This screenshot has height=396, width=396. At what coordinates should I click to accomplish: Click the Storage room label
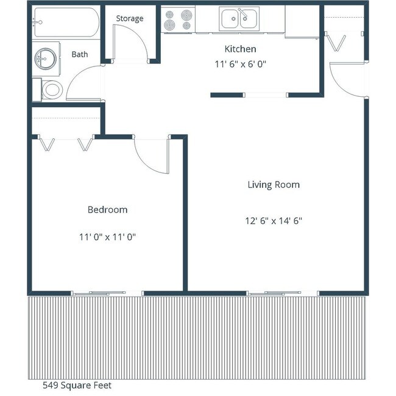click(130, 19)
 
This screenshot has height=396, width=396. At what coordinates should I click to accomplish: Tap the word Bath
click(80, 54)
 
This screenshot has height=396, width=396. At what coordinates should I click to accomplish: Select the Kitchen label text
click(240, 49)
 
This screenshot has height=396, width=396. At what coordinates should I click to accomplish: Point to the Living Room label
click(274, 185)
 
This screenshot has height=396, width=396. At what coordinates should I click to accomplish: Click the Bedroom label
click(107, 210)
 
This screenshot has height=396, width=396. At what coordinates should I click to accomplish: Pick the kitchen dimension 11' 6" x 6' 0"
click(241, 64)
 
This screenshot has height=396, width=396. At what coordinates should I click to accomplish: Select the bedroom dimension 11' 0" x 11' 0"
click(107, 237)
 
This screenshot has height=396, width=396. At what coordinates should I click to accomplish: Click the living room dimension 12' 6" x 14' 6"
click(274, 221)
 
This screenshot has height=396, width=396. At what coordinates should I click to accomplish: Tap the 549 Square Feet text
click(77, 385)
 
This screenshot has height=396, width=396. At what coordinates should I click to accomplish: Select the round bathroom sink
click(45, 58)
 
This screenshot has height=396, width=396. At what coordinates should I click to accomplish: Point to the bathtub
click(66, 23)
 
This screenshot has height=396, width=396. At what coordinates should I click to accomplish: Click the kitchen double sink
click(239, 19)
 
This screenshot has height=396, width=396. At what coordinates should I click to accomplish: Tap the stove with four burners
click(178, 19)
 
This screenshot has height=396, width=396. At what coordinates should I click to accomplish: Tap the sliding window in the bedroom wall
click(107, 293)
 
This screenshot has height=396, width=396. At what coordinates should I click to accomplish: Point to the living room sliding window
click(283, 293)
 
